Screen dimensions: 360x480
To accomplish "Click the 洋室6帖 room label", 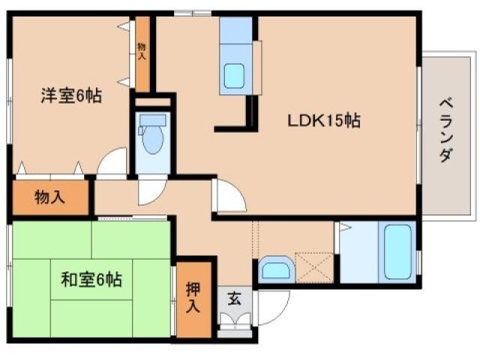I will [71, 97].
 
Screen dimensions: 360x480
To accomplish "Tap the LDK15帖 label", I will [324, 120].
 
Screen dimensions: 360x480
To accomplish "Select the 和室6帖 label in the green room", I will [91, 280].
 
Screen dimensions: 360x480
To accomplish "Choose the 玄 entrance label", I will [233, 298].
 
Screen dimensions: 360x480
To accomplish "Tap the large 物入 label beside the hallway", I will [50, 198].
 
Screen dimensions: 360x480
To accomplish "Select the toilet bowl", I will [152, 140].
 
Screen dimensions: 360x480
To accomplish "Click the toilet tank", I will [153, 120].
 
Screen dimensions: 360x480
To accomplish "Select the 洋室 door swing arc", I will [112, 162].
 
